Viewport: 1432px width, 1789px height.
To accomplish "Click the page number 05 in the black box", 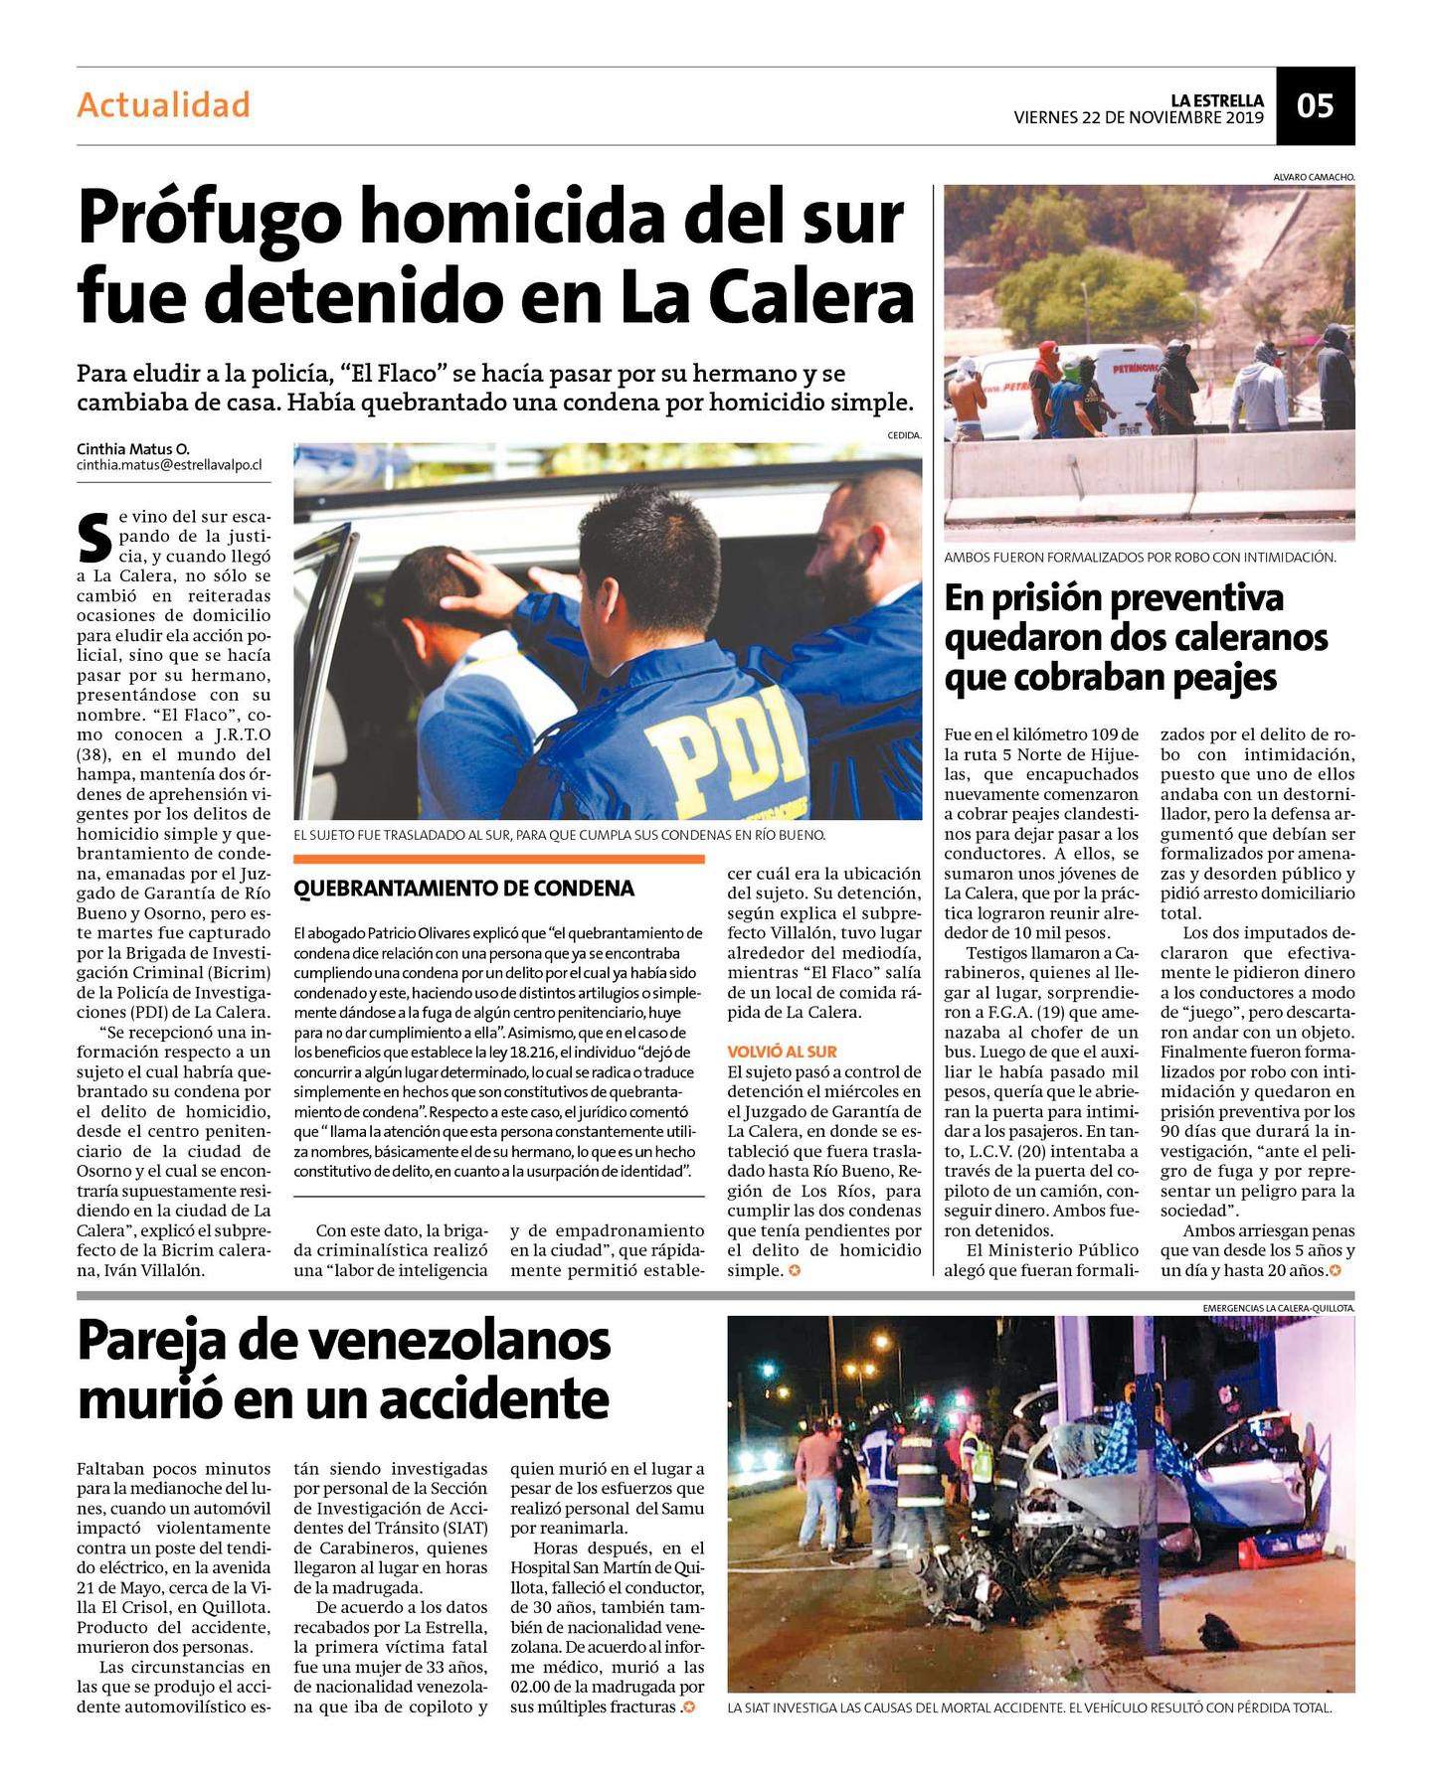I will point(1315,106).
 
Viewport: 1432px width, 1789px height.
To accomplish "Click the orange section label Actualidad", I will point(163,104).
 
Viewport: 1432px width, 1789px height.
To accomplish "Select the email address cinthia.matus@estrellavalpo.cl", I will point(169,465).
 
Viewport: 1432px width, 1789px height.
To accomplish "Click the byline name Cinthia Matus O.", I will point(132,448).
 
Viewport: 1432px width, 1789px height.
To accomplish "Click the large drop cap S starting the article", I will point(93,537).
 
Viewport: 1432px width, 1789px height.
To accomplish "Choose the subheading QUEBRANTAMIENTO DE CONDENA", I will point(463,889).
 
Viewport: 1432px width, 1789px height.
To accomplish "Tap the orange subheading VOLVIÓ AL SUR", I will point(782,1052).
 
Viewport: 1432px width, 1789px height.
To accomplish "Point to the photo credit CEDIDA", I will point(904,435).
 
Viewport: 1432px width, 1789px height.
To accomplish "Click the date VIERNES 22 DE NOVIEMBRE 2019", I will point(1138,117).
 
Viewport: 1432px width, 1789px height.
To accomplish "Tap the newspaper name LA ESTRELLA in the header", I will point(1216,100).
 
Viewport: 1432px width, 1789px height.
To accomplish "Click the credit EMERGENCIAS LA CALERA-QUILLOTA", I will point(1278,1308).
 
